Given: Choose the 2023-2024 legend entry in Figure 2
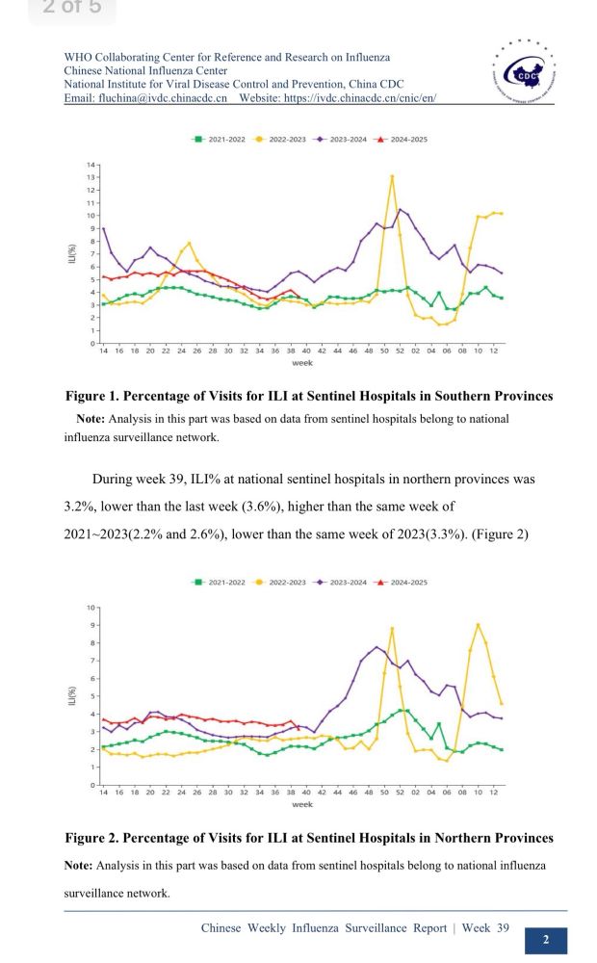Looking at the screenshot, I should pos(342,583).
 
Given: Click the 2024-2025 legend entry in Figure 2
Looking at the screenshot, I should pos(402,583).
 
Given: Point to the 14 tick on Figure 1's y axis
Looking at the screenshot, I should pos(92,165).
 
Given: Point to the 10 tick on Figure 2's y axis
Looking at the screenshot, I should pos(92,608).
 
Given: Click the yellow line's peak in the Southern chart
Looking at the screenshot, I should pos(392,176).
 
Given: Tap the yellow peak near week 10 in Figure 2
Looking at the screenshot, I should pos(479,625).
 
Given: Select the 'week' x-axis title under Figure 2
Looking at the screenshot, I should pos(301,804).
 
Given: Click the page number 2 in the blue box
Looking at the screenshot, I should pos(546,940).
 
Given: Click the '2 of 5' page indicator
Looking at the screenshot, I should pos(72,9).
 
